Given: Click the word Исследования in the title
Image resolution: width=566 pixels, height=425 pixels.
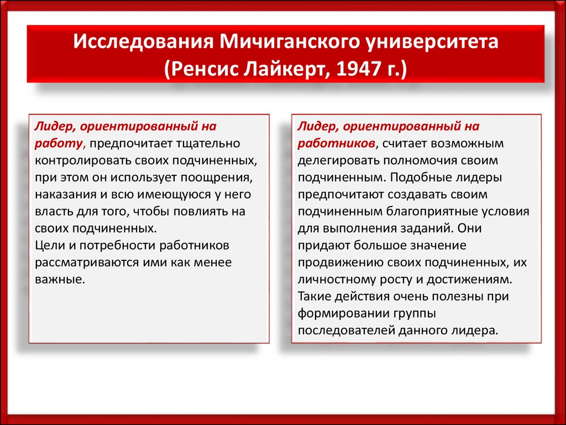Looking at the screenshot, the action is click(143, 42).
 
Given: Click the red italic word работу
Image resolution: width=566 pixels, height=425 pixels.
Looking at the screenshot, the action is click(59, 144).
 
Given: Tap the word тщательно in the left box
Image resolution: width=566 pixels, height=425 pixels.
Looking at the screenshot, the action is click(208, 143).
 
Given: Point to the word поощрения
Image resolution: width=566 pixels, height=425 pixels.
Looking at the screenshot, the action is click(216, 178).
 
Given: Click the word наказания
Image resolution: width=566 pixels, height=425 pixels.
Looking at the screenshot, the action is click(66, 194).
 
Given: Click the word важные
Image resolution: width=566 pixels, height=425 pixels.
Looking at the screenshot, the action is click(60, 279).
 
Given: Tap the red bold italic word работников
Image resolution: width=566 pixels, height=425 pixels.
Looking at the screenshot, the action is click(336, 144).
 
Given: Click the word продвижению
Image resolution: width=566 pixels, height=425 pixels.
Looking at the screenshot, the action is click(339, 262).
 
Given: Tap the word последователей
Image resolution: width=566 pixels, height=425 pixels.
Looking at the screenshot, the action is click(346, 330).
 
